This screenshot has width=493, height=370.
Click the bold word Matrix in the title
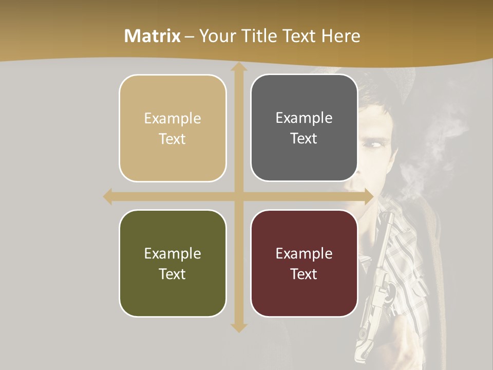153,36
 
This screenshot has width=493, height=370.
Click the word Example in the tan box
173,119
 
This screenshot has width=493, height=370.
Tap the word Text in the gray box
304,139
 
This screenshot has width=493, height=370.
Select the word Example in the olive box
173,253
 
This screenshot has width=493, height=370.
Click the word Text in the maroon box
304,274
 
